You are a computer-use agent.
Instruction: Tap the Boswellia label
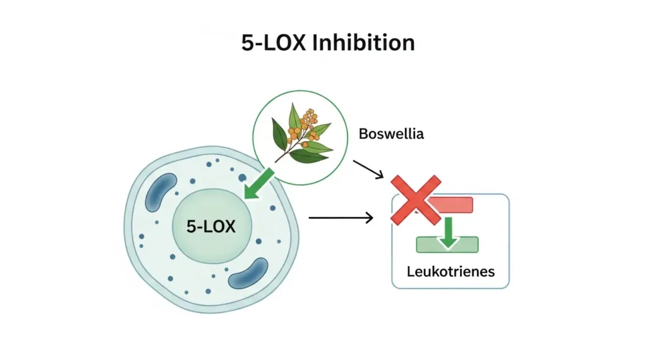pos(386,136)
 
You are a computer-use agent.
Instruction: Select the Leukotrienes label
pos(450,271)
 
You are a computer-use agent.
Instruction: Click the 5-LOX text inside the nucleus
pos(211,226)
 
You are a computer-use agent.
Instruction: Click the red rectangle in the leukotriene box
pos(450,205)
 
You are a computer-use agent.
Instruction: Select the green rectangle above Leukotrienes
pos(447,245)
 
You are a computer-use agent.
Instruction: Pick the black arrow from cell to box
pos(340,218)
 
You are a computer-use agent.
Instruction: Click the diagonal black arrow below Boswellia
pos(369,169)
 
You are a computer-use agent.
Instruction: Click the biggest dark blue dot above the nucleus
pos(242,178)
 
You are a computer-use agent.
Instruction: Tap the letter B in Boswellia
pos(362,136)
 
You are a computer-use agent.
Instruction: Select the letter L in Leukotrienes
pos(411,271)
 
